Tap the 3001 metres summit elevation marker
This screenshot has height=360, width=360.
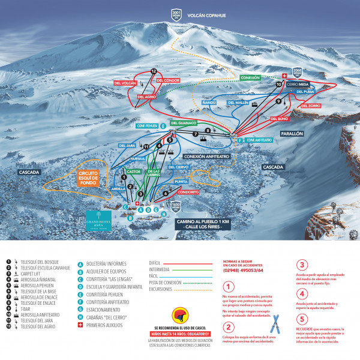(x=176, y=16)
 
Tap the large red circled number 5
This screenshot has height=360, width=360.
(x=302, y=317)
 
